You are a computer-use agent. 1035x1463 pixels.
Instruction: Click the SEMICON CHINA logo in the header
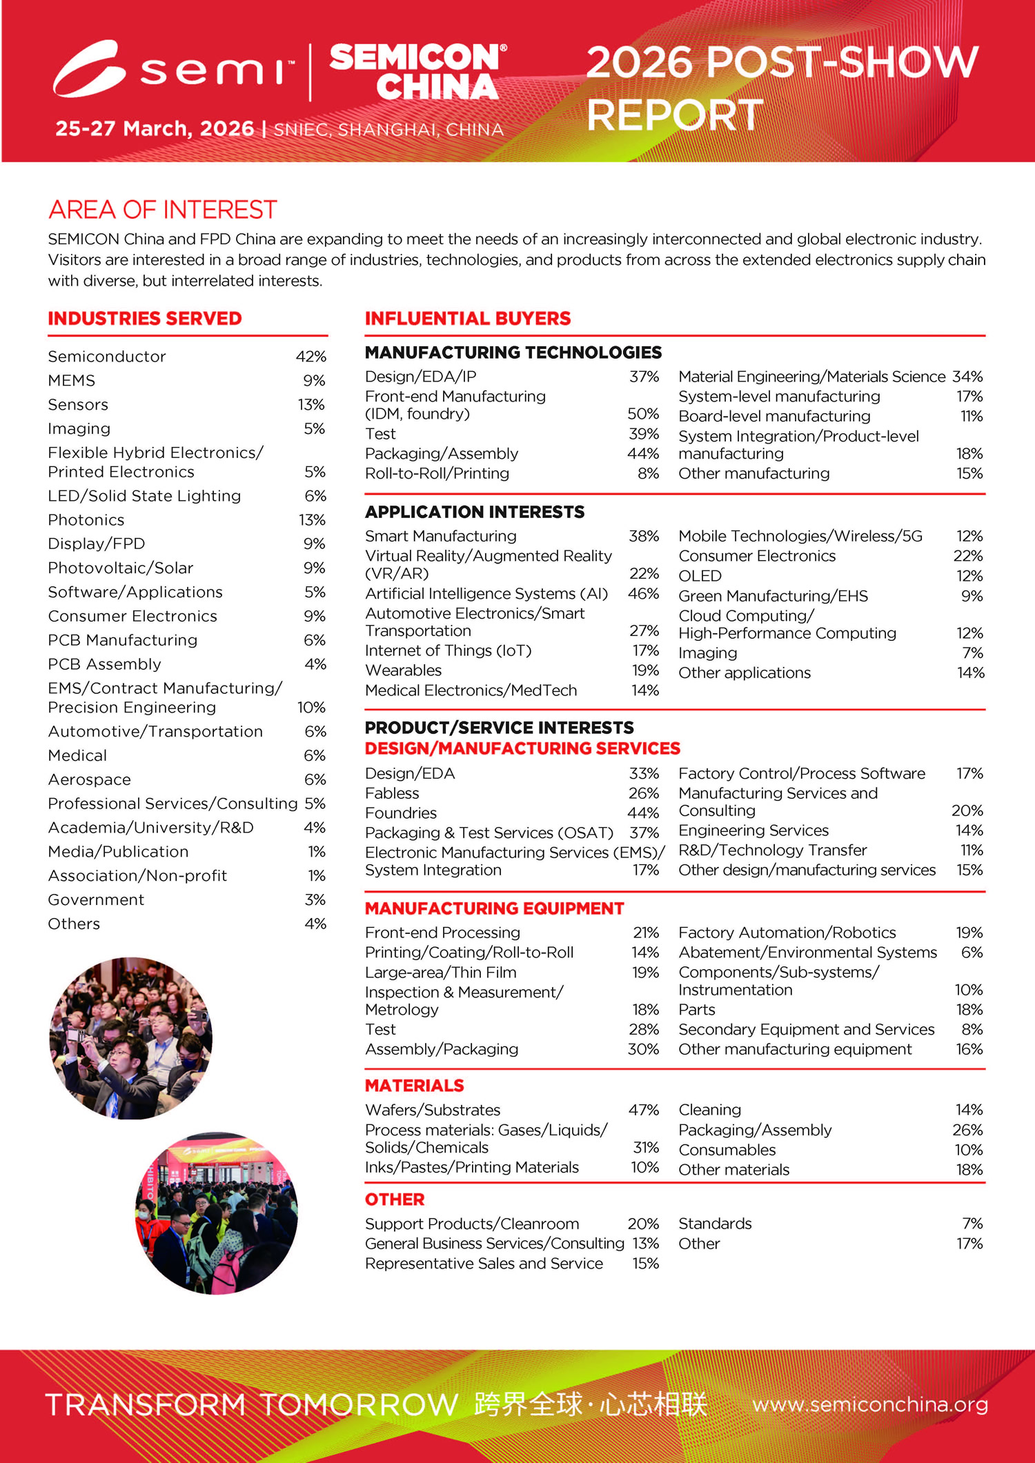tap(417, 72)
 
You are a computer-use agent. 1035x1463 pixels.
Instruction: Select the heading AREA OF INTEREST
tap(163, 210)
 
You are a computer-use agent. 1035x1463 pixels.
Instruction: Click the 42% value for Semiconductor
tap(311, 357)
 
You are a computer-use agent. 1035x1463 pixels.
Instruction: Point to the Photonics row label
tap(86, 520)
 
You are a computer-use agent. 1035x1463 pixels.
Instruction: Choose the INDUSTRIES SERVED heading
tap(145, 319)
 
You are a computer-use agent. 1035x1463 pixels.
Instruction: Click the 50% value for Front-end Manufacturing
tap(643, 414)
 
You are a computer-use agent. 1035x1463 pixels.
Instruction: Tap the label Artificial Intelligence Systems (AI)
tap(486, 594)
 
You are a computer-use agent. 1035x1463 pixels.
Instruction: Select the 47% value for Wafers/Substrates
tap(643, 1110)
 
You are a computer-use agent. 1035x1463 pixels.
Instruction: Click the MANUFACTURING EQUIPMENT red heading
tap(494, 908)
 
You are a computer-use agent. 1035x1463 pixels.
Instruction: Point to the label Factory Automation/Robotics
tap(787, 933)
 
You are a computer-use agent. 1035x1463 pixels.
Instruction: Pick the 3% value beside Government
tap(315, 899)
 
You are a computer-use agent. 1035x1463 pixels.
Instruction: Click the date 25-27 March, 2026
tap(155, 129)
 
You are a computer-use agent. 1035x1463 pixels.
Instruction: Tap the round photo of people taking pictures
tap(131, 1037)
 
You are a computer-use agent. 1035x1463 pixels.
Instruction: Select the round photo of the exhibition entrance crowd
tap(216, 1213)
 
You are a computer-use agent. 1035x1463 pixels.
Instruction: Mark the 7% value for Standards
tap(972, 1224)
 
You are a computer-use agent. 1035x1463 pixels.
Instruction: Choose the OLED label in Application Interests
tap(700, 576)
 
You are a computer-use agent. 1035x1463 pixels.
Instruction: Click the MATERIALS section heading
tap(414, 1086)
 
